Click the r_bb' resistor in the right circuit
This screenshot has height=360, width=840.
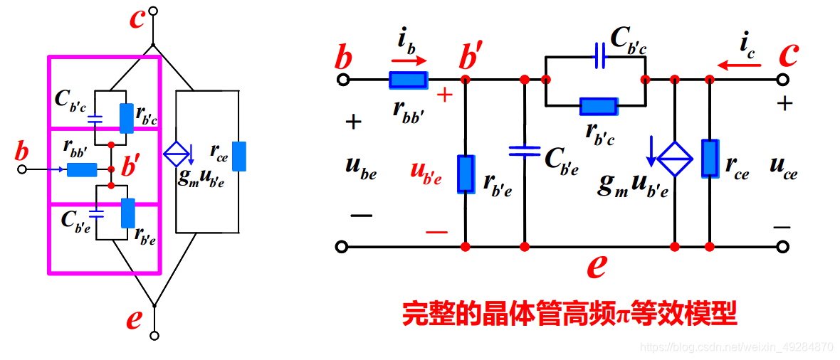click(x=408, y=80)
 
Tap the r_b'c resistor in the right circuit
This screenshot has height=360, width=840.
click(x=598, y=107)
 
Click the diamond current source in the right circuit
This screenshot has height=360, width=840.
click(x=673, y=159)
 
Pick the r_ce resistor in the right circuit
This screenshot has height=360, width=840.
click(x=710, y=159)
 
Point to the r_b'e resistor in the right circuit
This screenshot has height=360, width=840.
click(x=466, y=174)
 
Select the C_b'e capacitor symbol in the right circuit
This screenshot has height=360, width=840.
click(x=525, y=151)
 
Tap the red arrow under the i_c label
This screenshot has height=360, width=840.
click(x=738, y=65)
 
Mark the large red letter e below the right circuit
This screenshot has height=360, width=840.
click(x=597, y=266)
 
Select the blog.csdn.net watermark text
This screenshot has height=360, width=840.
click(x=736, y=347)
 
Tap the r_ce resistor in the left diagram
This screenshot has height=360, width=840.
click(x=239, y=157)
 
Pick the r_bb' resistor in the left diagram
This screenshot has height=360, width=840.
click(x=82, y=170)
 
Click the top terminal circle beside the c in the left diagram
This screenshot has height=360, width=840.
click(x=153, y=12)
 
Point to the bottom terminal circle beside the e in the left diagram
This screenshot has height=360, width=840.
click(x=153, y=334)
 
